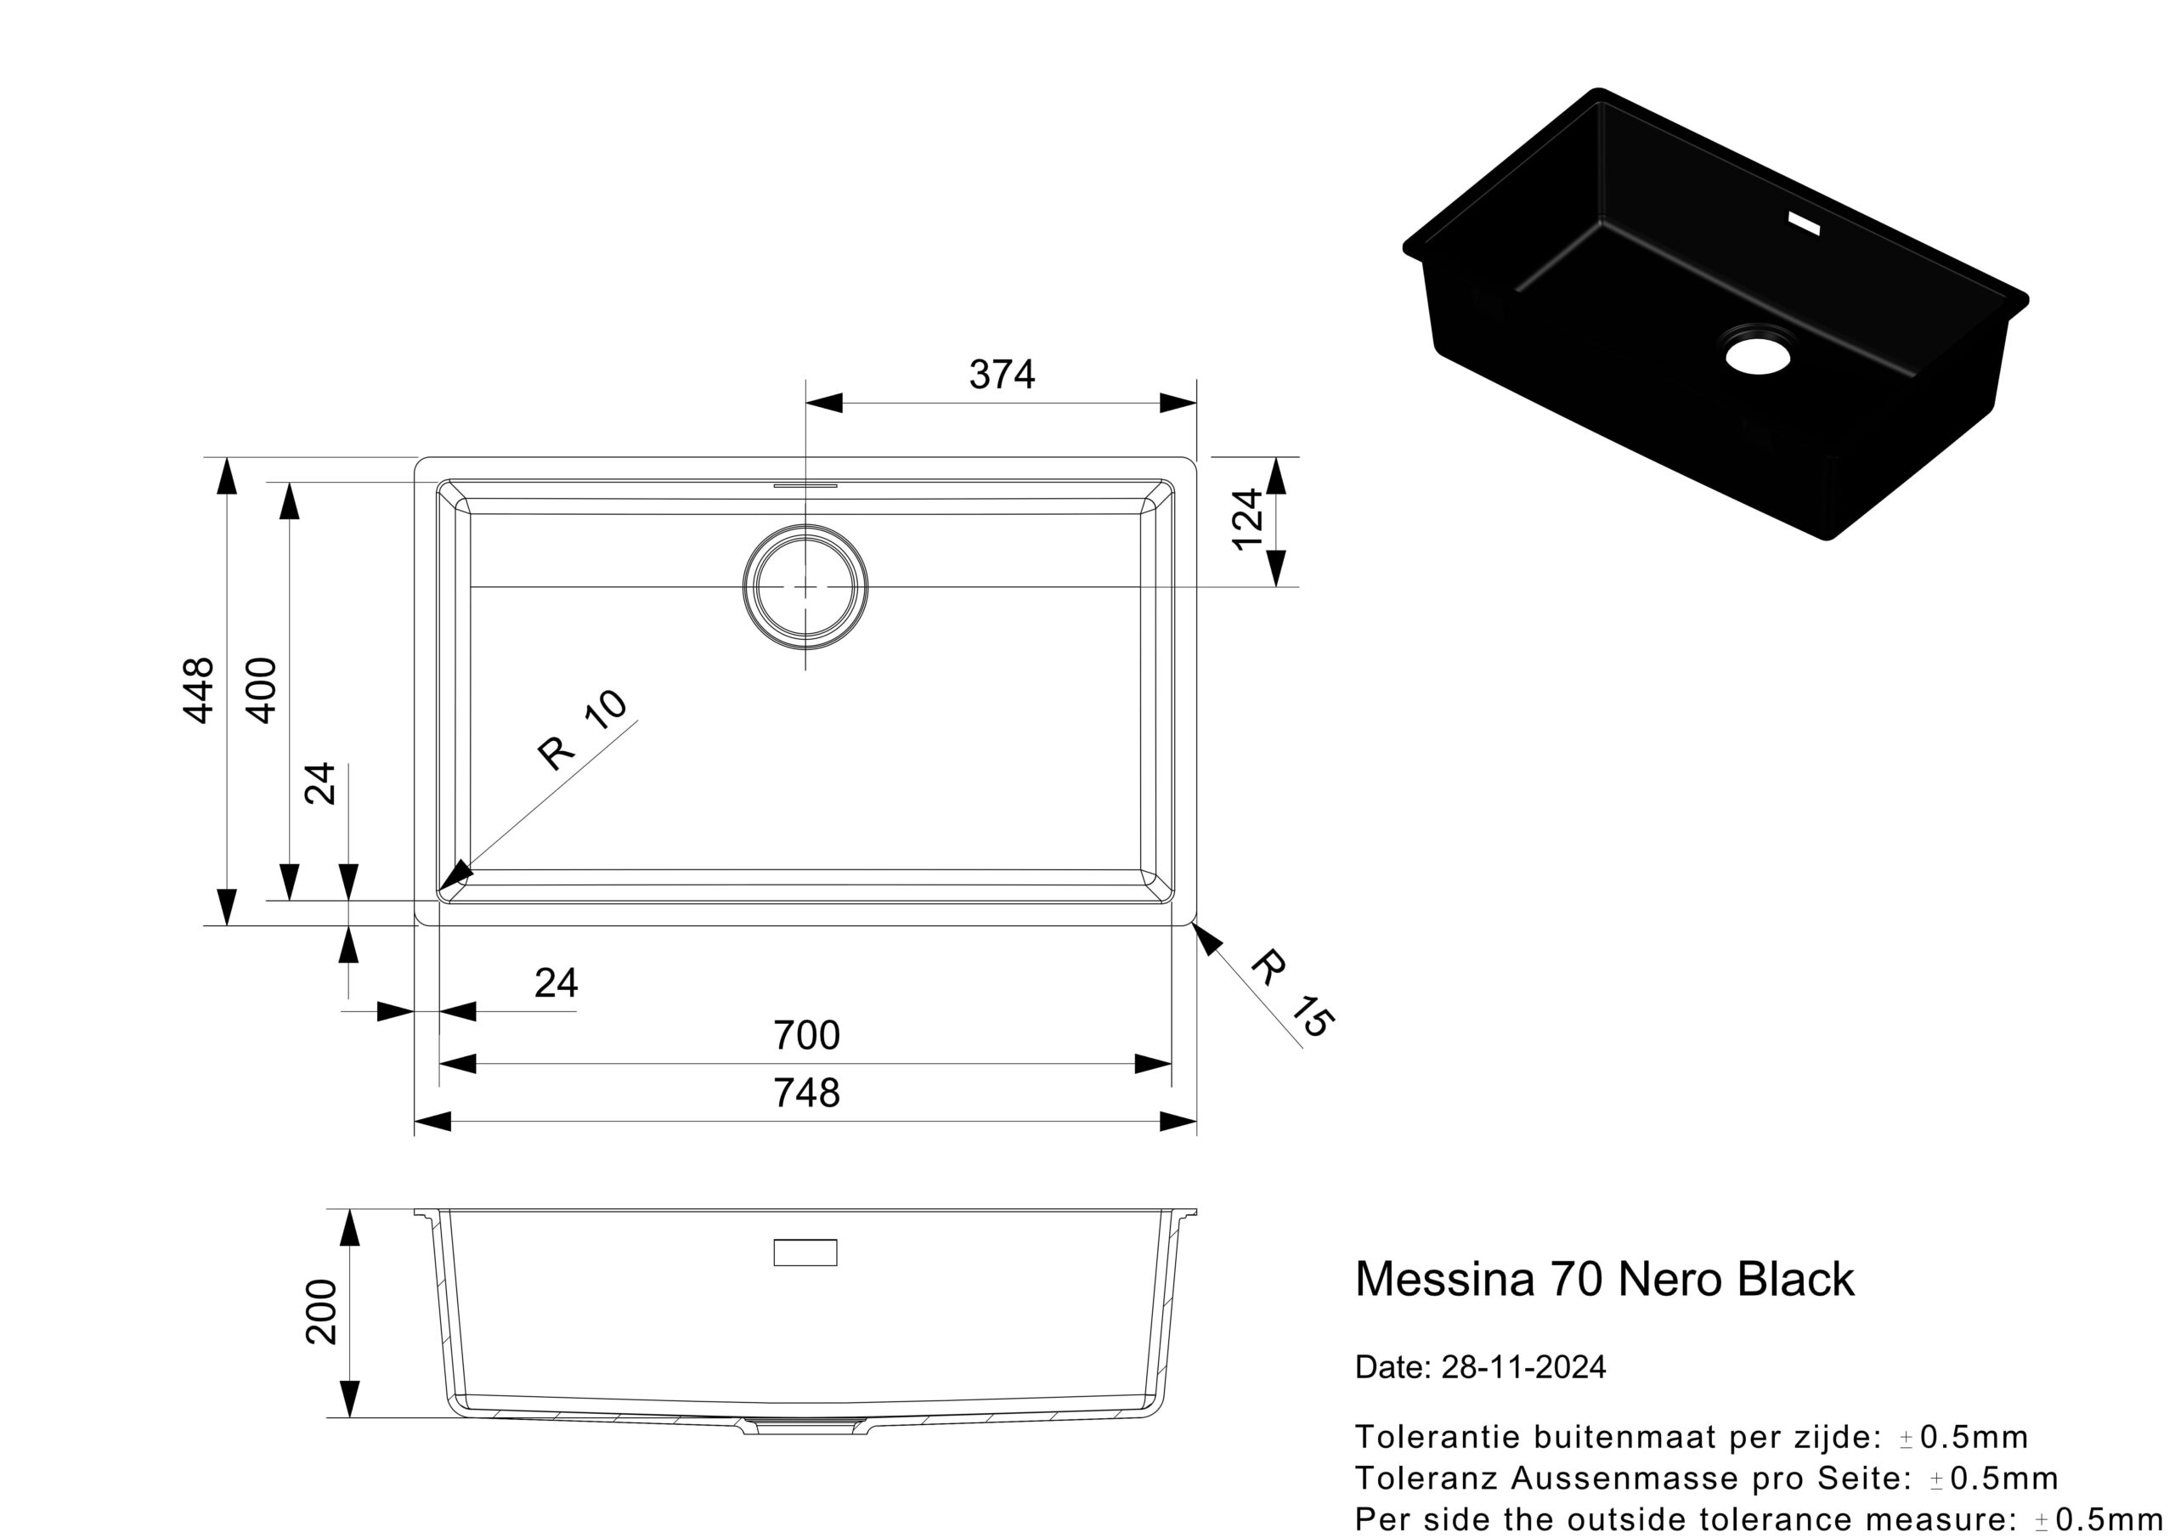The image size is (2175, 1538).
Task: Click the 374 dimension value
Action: point(1002,376)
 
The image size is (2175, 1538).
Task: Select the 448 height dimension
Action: point(198,690)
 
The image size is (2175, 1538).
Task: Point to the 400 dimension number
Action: point(261,690)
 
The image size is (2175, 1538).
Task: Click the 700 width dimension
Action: point(806,1036)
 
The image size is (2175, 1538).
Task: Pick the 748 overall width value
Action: point(806,1094)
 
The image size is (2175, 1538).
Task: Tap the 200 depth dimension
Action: point(322,1311)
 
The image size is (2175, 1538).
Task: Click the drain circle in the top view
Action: point(805,586)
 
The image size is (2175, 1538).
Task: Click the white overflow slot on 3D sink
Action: point(1804,223)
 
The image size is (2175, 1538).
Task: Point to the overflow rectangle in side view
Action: point(805,1252)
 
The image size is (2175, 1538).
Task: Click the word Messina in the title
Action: point(1445,1280)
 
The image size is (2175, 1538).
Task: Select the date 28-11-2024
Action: point(1523,1366)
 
